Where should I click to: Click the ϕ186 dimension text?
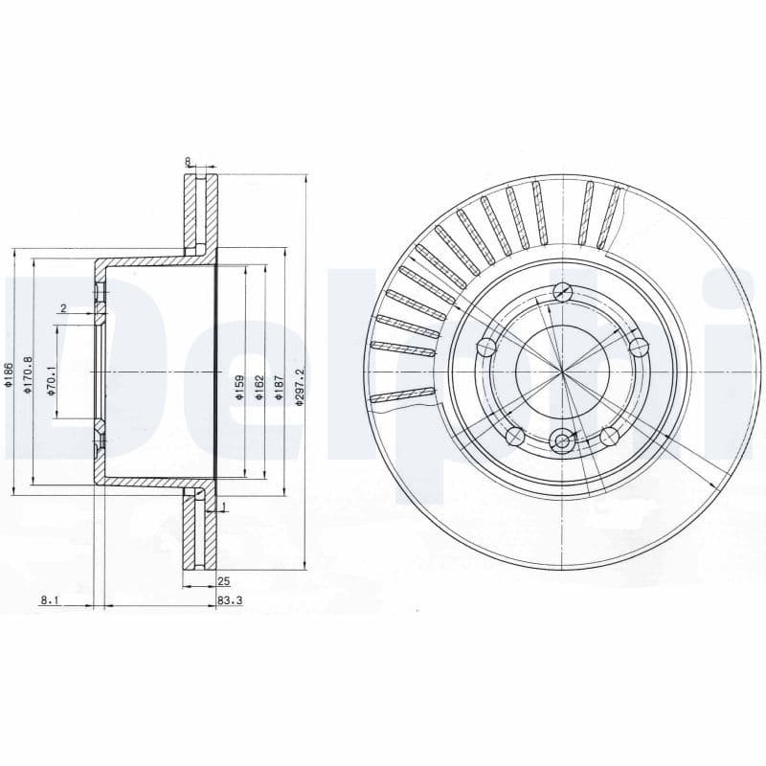click(x=8, y=375)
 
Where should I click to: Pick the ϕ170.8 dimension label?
click(x=28, y=372)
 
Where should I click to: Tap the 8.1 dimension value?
click(x=50, y=600)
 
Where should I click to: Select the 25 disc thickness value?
click(x=223, y=581)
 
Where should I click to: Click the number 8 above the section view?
click(x=188, y=162)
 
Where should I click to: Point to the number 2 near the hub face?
click(x=62, y=308)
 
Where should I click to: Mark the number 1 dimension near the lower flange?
click(x=223, y=507)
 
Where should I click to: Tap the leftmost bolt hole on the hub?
click(x=486, y=346)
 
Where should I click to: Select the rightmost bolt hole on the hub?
click(x=639, y=346)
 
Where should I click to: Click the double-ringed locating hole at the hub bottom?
click(x=562, y=441)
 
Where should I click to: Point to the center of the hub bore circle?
click(x=562, y=371)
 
